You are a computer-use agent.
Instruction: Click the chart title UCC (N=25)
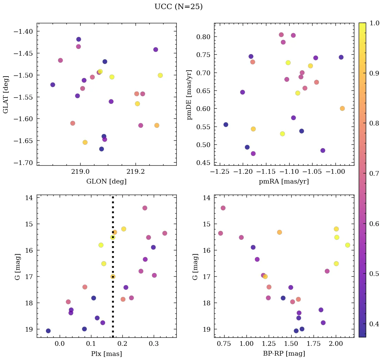tap(178, 7)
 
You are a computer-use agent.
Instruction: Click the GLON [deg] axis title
tap(107, 182)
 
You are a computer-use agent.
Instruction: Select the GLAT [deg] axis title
tap(6, 94)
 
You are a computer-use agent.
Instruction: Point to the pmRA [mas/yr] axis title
tap(284, 182)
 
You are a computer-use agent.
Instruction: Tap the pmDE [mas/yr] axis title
tap(189, 94)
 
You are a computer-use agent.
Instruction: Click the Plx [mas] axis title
tap(107, 354)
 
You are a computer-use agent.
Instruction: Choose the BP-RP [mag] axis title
tap(284, 354)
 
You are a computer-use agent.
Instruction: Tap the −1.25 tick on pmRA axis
tap(220, 172)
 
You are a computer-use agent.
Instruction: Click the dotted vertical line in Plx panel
tap(113, 304)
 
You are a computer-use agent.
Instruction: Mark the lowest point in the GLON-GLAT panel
tap(101, 149)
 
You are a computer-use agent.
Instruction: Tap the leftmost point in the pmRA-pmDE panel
tap(226, 124)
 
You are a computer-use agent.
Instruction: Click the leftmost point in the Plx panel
tap(48, 331)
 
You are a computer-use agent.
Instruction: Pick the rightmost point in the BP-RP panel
tap(348, 245)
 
